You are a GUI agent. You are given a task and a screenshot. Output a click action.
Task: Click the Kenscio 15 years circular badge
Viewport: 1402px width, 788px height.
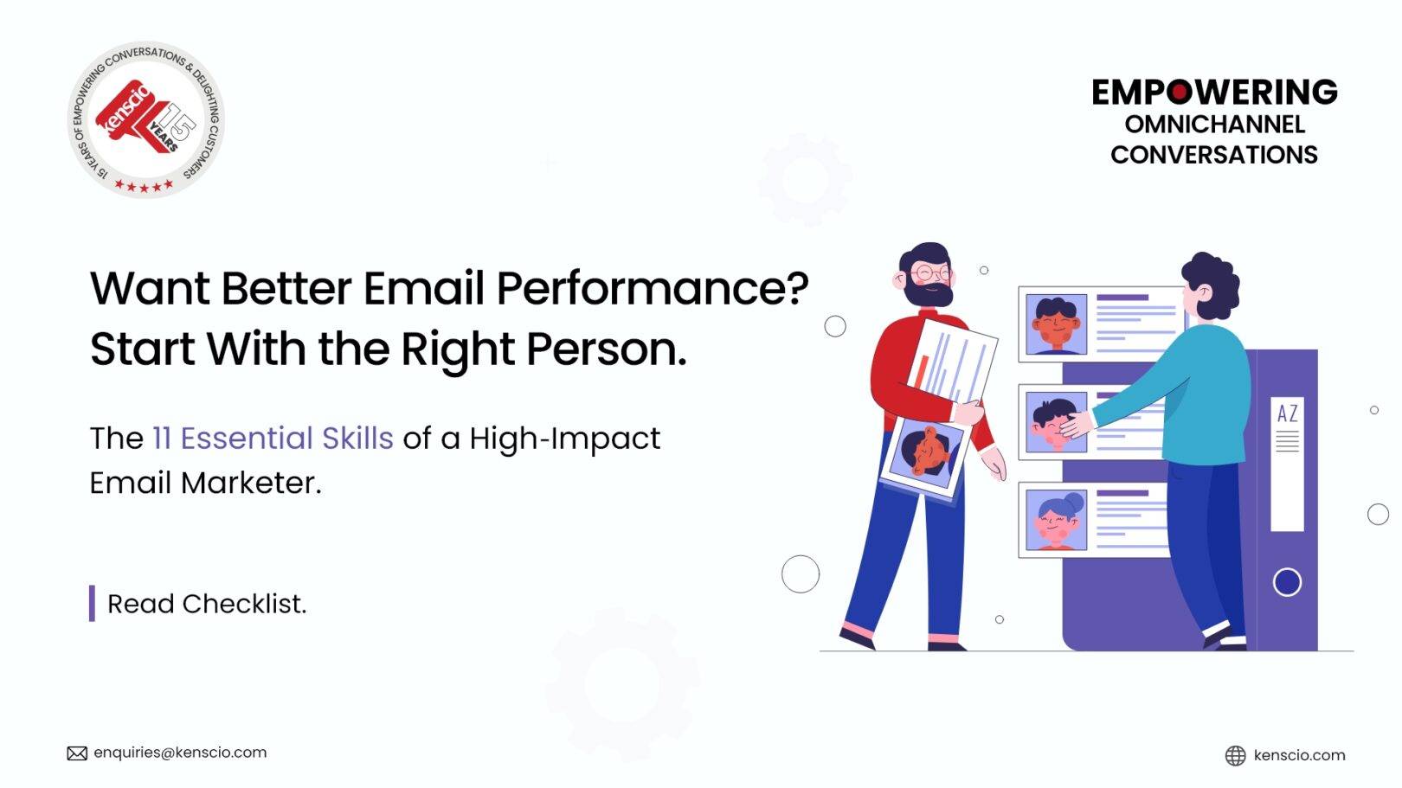146,119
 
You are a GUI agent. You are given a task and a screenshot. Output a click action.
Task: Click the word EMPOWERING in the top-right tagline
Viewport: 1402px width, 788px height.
1213,93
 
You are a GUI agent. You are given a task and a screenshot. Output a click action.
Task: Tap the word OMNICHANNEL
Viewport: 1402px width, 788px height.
1214,125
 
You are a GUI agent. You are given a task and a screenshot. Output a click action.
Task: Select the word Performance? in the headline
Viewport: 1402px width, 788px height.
652,289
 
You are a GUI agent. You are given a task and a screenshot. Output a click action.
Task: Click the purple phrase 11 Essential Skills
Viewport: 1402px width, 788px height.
273,439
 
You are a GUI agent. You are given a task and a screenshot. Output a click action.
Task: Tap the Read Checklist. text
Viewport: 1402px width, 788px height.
207,604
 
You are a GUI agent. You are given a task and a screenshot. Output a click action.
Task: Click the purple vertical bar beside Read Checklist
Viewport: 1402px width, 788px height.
92,604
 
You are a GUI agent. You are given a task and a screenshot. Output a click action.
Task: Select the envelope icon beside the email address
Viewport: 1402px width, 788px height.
77,753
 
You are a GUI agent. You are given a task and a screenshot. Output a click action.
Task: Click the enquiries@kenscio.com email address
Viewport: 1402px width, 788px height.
180,753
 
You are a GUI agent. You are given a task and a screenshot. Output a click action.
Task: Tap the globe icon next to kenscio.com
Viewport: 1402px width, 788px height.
1235,755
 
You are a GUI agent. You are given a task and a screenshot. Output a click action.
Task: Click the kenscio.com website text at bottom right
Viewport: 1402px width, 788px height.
1299,755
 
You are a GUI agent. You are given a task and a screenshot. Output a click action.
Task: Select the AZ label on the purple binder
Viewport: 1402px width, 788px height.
1287,414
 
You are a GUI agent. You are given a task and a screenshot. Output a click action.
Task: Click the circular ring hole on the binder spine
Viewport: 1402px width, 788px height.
1287,582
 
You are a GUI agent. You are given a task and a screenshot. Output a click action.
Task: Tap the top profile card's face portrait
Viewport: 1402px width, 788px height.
1056,324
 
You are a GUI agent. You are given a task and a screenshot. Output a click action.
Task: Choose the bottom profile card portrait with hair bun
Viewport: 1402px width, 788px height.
1056,519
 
